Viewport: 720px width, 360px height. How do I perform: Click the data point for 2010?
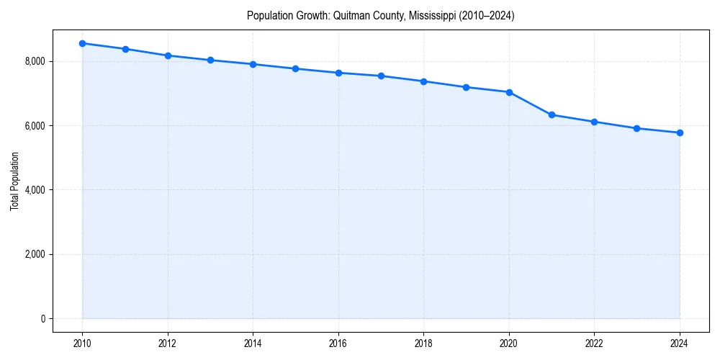click(82, 43)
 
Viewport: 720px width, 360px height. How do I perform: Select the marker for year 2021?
click(552, 115)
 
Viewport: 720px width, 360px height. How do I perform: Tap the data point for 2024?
click(680, 132)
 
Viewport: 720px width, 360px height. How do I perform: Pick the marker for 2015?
click(295, 68)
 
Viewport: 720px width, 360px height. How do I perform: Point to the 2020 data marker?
click(509, 92)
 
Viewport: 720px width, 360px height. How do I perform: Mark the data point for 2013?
click(210, 60)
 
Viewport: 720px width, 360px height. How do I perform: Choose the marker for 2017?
click(381, 76)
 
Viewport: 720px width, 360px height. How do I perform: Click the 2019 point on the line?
click(466, 87)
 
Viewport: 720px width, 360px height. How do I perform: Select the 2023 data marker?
click(636, 128)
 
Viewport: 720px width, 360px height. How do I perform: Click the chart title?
click(380, 15)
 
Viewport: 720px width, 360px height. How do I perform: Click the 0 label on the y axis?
click(42, 318)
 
